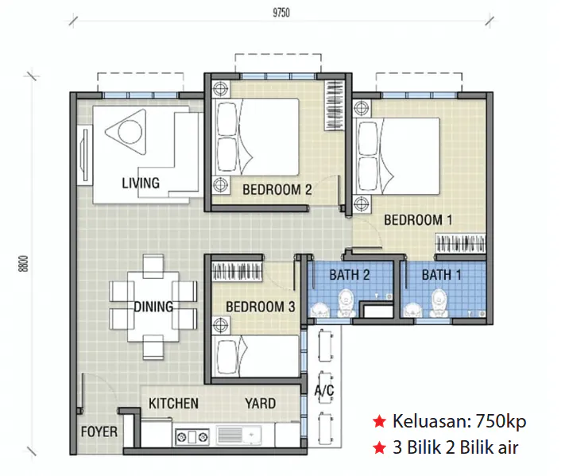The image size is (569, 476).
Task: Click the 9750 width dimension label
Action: click(281, 13)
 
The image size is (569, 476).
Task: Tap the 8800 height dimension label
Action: click(23, 264)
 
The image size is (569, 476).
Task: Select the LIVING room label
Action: click(141, 183)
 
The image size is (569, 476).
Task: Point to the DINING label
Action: click(153, 307)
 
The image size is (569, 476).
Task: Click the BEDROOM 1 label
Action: click(418, 220)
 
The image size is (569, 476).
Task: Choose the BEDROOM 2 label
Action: click(277, 189)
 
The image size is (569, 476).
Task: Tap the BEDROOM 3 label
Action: click(260, 307)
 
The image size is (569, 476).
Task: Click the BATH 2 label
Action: click(350, 275)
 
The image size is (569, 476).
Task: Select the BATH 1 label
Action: click(441, 275)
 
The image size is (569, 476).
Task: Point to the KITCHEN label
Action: click(173, 404)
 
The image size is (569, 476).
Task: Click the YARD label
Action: click(260, 404)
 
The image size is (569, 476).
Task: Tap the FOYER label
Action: click(99, 431)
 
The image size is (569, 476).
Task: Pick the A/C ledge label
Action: click(324, 390)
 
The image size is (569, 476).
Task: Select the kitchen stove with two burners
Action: click(192, 436)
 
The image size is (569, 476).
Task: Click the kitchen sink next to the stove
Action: click(238, 435)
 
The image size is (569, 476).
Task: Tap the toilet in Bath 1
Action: click(439, 303)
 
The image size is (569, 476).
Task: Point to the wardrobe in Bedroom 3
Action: click(237, 272)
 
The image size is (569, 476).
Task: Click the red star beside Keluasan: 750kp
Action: click(379, 421)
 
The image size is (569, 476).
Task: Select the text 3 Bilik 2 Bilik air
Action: click(455, 447)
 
